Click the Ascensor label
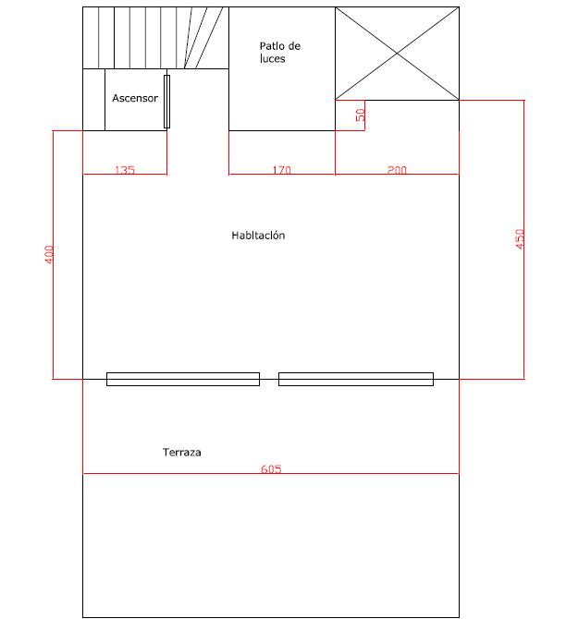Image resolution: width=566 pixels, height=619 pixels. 135,98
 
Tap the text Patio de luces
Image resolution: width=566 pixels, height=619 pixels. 280,52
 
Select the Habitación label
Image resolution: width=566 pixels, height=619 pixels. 258,236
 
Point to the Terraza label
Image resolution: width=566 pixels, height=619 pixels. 182,452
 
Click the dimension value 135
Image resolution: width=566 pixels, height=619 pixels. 125,170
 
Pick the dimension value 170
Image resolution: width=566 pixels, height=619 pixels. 282,170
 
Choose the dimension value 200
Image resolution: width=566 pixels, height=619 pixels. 397,170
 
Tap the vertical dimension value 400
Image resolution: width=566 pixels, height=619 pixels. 48,255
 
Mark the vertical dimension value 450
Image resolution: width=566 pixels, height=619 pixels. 520,239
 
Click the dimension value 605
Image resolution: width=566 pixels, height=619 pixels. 271,469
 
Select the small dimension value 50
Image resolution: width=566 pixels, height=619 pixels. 360,115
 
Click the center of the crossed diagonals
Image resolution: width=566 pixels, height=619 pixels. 397,54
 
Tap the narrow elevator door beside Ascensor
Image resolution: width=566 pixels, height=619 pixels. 166,102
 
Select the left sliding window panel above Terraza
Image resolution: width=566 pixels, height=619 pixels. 183,379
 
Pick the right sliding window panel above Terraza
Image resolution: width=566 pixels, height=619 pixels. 356,379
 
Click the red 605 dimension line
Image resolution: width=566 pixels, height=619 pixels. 271,473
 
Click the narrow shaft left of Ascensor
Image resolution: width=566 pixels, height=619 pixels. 93,100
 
